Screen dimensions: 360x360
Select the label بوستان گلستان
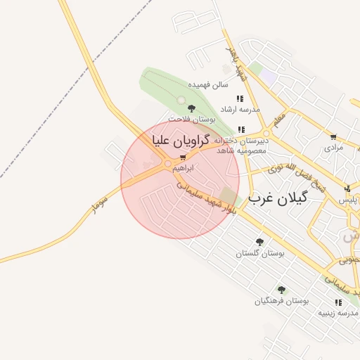[x=260, y=253]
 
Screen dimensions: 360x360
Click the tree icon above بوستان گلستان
[x=260, y=242]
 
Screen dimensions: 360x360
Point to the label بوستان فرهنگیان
[x=281, y=301]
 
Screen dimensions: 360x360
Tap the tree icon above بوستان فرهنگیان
[x=281, y=290]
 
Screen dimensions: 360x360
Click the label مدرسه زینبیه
[x=338, y=313]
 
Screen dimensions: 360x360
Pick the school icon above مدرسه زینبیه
[x=338, y=302]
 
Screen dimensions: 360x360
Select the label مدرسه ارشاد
[x=240, y=110]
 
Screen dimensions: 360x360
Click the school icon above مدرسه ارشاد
[x=240, y=99]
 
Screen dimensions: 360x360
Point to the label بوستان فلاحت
[x=191, y=120]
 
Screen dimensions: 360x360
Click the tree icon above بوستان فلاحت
[x=191, y=108]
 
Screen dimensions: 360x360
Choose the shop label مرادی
[x=333, y=148]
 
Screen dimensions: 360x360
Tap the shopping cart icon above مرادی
[x=333, y=137]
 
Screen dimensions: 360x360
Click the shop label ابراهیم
[x=182, y=169]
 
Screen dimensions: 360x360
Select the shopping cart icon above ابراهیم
[x=183, y=158]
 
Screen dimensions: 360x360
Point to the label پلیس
[x=348, y=200]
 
